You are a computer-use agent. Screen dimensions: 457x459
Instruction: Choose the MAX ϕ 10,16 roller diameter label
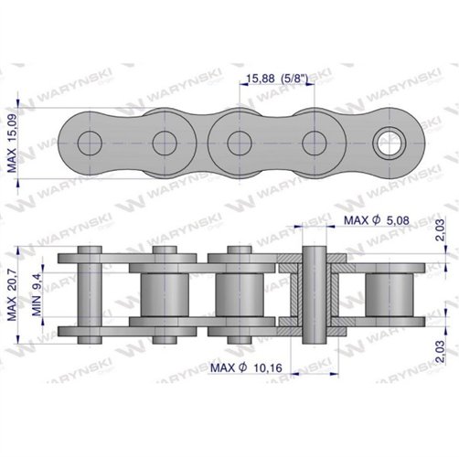246,367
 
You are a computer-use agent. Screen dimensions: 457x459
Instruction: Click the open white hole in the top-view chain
388,143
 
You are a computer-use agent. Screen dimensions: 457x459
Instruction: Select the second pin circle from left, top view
164,143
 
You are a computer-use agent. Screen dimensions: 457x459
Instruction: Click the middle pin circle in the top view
239,143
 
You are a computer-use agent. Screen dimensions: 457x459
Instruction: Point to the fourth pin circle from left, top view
314,143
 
